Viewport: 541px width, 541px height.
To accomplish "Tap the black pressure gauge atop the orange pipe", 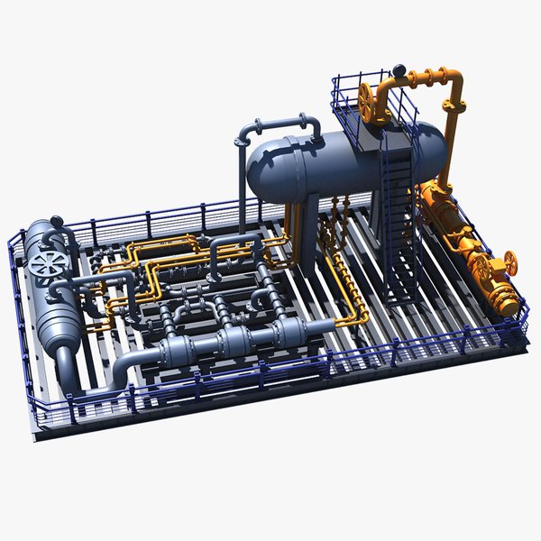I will click(398, 69).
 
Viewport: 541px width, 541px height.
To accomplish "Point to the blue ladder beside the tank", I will click(397, 216).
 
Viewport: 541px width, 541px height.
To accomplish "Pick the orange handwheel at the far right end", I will click(511, 263).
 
